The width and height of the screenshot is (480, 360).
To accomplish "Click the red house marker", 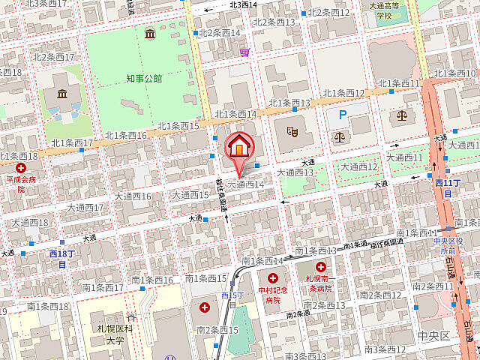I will coord(238,147).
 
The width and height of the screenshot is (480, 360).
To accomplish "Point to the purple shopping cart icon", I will coord(245,52).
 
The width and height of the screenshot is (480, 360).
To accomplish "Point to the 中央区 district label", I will coord(434,335).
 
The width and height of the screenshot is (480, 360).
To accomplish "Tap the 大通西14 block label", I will coord(245,184).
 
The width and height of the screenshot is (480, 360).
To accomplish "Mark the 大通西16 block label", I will coord(133,196).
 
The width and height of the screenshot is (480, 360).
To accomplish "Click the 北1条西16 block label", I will coord(125,135).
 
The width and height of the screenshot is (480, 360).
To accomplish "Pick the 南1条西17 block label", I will coord(102,287).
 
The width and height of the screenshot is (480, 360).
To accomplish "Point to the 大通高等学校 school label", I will coord(385,10).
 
